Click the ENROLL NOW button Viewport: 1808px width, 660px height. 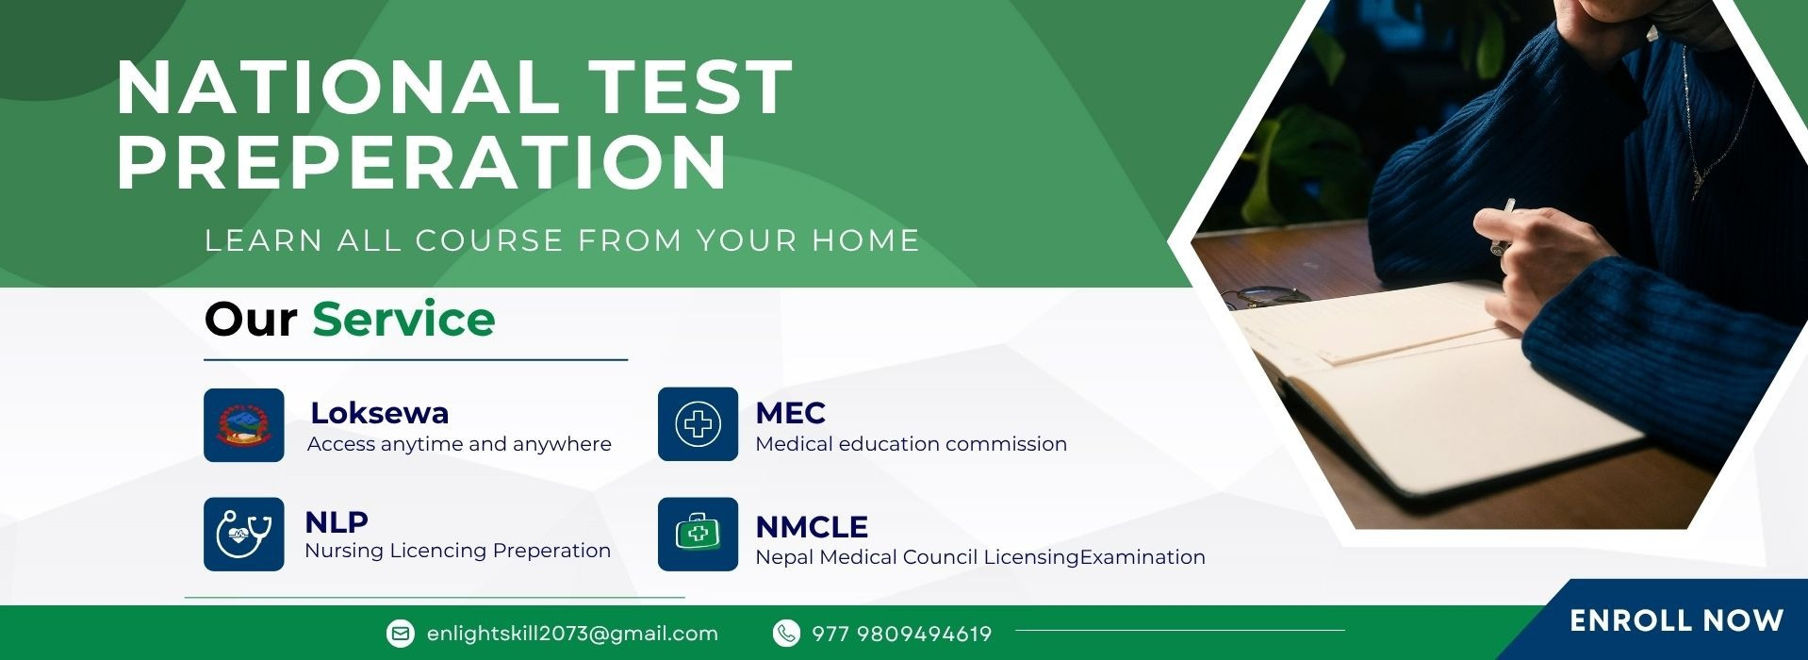coord(1676,620)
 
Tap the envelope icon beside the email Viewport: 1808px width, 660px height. coord(401,634)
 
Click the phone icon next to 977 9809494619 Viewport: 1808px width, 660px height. coord(785,634)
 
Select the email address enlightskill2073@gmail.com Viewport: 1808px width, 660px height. coord(572,634)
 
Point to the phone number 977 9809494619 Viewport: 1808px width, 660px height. coord(901,634)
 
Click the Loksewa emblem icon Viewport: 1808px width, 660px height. coord(244,425)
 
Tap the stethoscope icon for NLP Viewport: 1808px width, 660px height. coord(244,534)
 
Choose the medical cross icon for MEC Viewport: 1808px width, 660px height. coord(698,424)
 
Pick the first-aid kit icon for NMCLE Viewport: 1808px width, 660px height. coord(698,534)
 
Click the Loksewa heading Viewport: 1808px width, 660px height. coord(380,413)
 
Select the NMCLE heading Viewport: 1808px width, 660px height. coord(812,527)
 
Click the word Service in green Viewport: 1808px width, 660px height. coord(403,319)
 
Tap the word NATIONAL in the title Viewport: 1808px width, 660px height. coord(337,88)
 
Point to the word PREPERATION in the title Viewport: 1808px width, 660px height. coord(421,161)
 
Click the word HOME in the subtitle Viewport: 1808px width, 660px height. coord(865,240)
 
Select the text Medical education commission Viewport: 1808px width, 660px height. coord(911,444)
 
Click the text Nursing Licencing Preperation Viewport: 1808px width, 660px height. coord(457,551)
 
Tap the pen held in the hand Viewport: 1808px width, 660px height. coord(1503,226)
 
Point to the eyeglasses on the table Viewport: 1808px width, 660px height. coord(1266,296)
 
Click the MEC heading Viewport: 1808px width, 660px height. coord(790,413)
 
